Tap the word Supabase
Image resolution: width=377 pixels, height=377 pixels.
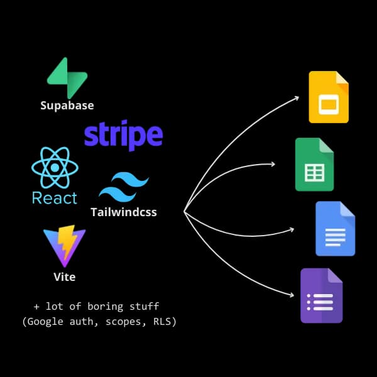(67, 105)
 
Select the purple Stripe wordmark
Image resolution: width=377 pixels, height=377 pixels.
(123, 135)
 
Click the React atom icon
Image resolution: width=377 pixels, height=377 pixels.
(55, 168)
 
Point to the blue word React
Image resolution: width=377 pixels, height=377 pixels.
(55, 198)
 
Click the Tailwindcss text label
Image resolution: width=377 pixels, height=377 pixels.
(124, 212)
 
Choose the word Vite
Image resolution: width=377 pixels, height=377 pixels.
(65, 276)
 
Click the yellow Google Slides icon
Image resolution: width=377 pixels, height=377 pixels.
(328, 97)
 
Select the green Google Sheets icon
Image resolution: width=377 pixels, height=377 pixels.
(314, 165)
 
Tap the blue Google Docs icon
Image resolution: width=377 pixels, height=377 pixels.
(335, 229)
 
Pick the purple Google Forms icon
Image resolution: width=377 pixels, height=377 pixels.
(320, 295)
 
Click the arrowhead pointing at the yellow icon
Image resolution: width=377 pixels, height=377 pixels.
(297, 97)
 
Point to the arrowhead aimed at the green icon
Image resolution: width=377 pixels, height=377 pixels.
(272, 165)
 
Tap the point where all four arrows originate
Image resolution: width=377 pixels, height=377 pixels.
(185, 212)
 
